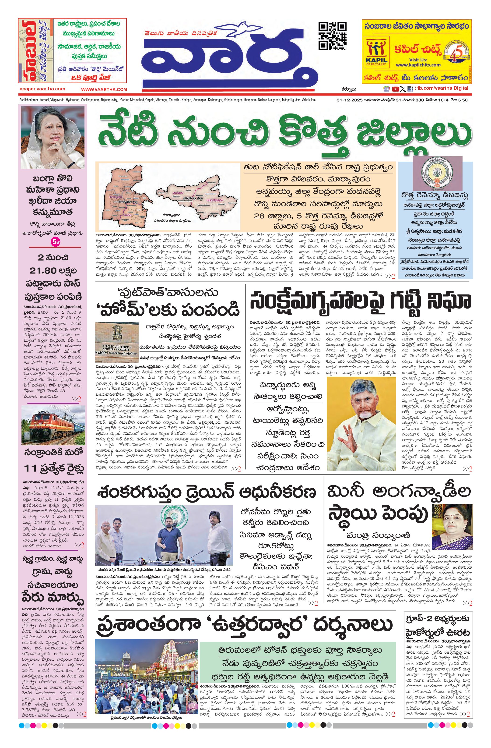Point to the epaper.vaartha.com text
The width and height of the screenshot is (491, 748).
(x=42, y=89)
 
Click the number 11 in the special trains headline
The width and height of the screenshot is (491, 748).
(x=31, y=468)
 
